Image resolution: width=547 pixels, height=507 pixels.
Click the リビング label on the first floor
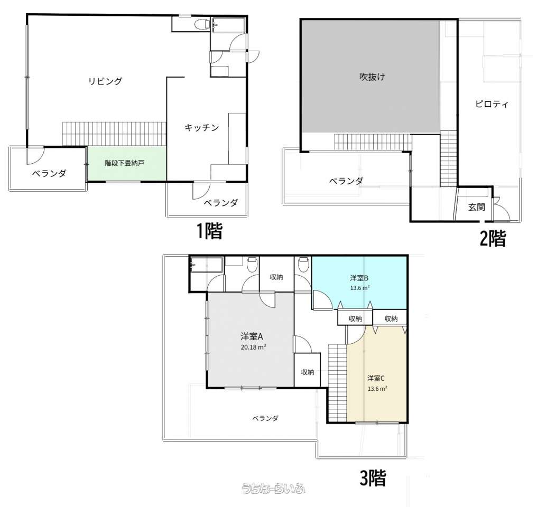105,81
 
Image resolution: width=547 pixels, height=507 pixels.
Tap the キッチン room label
202,128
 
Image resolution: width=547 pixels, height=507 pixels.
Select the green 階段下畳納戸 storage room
127,163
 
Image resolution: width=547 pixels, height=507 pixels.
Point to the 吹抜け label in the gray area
372,77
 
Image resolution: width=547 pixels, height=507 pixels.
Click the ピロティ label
492,104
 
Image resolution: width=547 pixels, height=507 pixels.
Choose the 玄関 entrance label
477,207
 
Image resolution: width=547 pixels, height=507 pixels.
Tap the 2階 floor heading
493,239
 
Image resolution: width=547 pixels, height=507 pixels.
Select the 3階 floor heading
373,478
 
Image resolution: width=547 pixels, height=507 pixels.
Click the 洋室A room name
252,336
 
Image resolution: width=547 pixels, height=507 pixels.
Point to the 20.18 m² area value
253,347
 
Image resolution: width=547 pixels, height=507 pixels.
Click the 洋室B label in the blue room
359,278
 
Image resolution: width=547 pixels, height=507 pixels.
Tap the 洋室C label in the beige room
376,378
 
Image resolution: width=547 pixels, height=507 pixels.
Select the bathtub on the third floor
206,265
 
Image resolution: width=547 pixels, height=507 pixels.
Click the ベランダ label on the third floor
265,418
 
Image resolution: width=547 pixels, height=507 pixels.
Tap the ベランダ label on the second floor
346,181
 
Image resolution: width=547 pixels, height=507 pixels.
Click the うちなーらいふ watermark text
274,489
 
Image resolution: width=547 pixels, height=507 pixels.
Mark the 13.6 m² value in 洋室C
377,389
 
